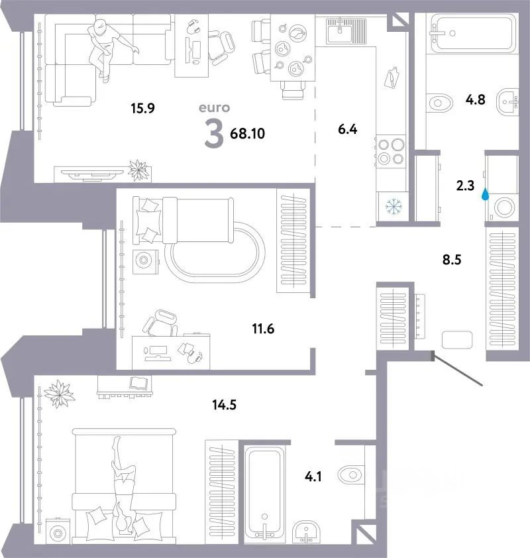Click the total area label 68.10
[247, 133]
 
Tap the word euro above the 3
[214, 107]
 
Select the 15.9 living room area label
[142, 108]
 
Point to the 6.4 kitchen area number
[348, 129]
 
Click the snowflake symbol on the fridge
[394, 207]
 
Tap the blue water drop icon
[485, 194]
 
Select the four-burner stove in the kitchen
[391, 151]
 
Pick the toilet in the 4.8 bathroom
[439, 103]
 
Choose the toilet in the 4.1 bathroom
[351, 474]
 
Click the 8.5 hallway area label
[452, 260]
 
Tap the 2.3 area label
[465, 186]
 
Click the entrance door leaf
[457, 368]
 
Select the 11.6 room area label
[263, 329]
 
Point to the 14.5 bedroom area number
[224, 405]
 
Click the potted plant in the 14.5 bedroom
[60, 394]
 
